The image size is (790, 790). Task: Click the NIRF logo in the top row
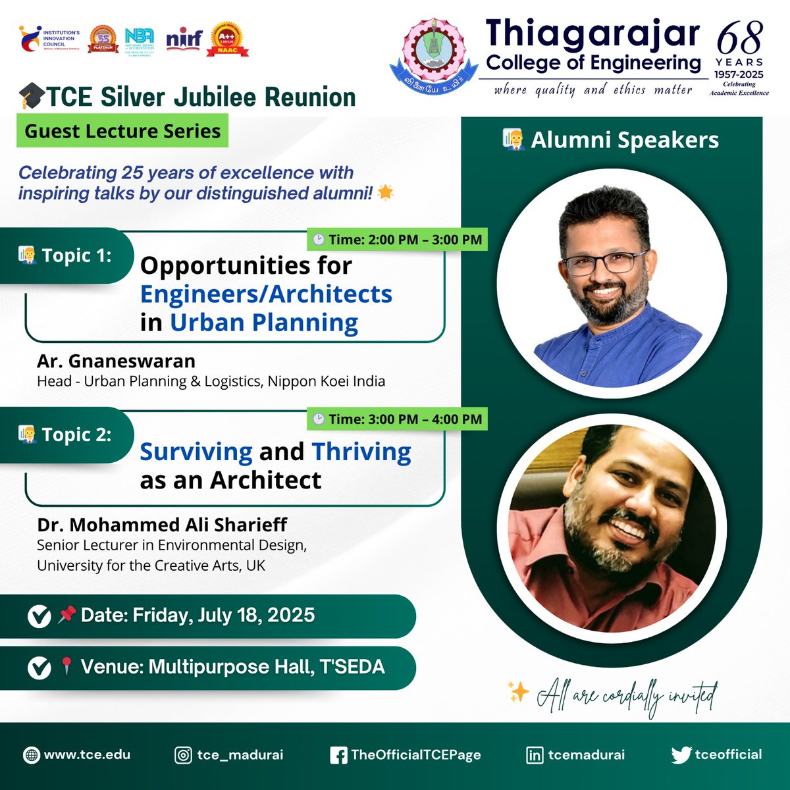click(184, 40)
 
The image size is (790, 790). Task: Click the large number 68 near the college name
click(740, 39)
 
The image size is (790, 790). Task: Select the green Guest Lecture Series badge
click(122, 131)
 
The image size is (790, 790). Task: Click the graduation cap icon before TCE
click(31, 97)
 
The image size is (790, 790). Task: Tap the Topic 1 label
click(76, 255)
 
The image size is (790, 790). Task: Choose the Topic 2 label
click(76, 434)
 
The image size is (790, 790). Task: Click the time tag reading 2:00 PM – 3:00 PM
click(398, 240)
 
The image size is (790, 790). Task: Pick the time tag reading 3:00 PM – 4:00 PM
click(398, 419)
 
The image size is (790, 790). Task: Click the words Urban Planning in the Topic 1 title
click(264, 323)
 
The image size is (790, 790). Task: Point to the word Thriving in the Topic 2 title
click(361, 452)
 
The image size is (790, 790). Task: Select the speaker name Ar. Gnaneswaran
click(116, 361)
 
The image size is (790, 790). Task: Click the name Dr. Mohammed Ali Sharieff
click(162, 525)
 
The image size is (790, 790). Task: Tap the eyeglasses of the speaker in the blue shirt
click(604, 263)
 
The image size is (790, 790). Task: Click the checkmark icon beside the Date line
click(39, 616)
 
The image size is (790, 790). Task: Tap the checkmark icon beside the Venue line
click(39, 668)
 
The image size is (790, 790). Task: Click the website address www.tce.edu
click(87, 754)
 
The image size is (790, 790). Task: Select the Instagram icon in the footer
click(183, 755)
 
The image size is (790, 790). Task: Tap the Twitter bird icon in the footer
click(681, 755)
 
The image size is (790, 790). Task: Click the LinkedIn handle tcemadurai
click(587, 754)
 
